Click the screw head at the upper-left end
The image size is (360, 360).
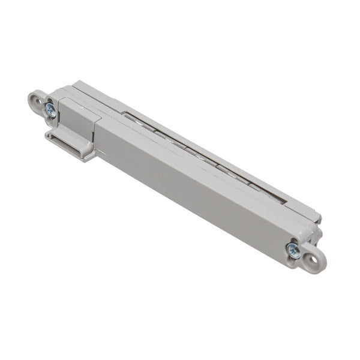tap(50, 110)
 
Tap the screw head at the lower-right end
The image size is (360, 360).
tap(293, 250)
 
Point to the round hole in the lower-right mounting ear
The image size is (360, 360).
tap(312, 259)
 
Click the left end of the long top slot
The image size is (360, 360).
tap(125, 113)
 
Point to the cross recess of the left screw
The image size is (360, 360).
tap(50, 110)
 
